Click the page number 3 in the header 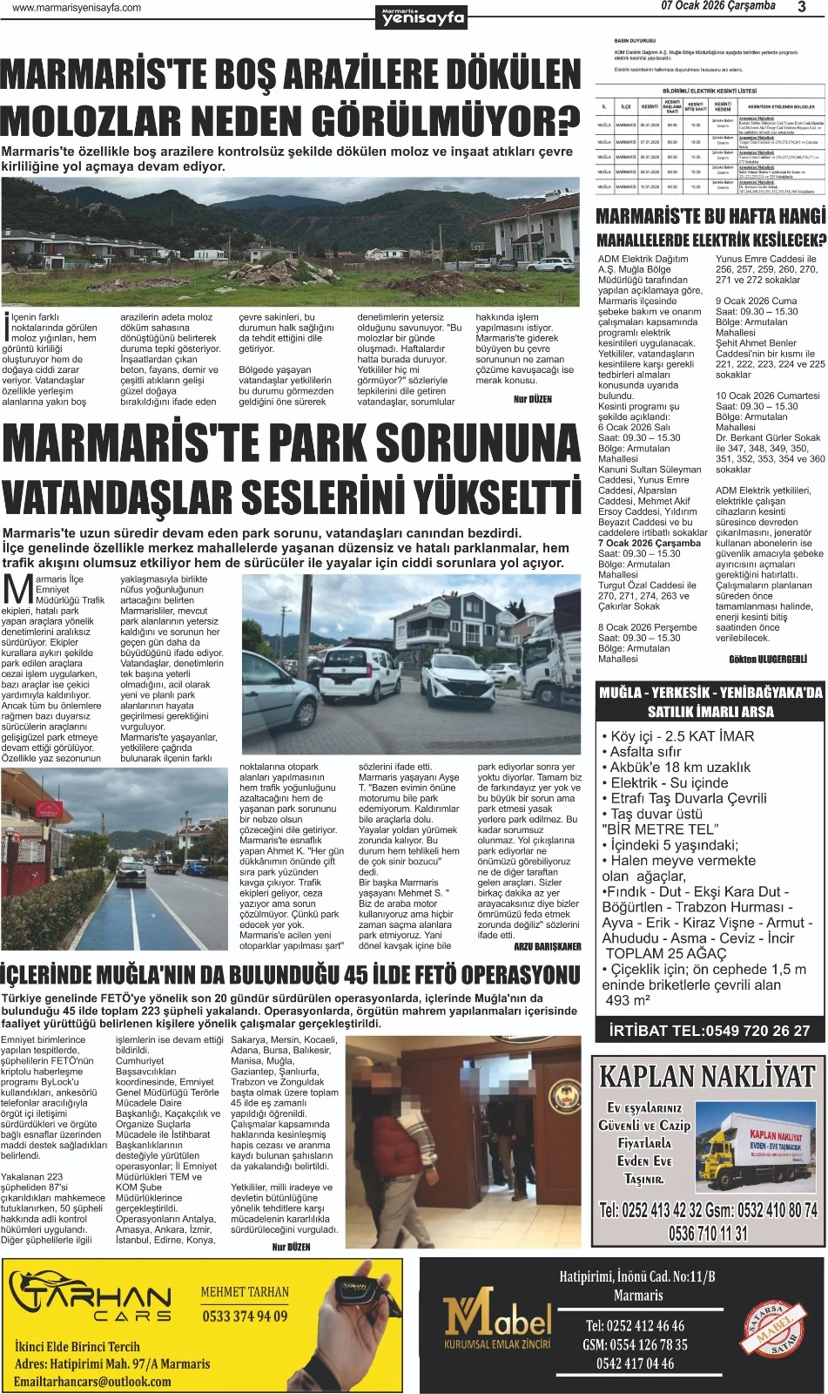(801, 7)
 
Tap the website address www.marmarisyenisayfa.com (77, 8)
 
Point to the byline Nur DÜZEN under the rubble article (533, 399)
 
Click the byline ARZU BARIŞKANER (547, 946)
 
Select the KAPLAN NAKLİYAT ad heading (707, 1077)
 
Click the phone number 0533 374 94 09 (245, 1316)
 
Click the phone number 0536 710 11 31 (708, 1233)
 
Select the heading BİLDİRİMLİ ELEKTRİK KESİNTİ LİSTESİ (710, 91)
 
